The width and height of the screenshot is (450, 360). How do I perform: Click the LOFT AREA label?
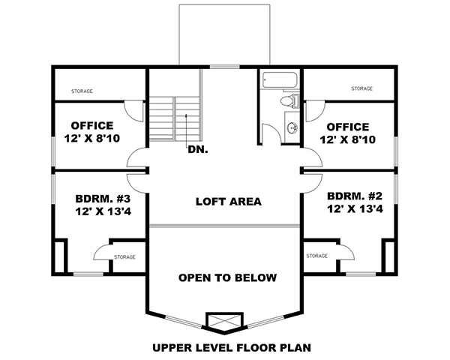[228, 201]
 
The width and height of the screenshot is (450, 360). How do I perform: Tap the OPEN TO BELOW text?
[227, 277]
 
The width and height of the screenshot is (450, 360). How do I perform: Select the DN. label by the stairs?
[198, 149]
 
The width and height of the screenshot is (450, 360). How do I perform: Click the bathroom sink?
[291, 125]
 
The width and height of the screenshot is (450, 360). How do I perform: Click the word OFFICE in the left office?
[92, 125]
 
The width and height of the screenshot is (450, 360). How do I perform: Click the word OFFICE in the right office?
[347, 127]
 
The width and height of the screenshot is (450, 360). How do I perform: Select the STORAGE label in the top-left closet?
[82, 91]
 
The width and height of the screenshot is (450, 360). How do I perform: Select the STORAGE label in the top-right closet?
[361, 88]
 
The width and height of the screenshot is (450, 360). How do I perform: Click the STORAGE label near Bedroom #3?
[124, 257]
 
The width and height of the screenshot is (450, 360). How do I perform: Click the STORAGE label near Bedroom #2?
[317, 256]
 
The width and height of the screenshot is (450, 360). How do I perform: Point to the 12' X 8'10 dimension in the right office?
[347, 140]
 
